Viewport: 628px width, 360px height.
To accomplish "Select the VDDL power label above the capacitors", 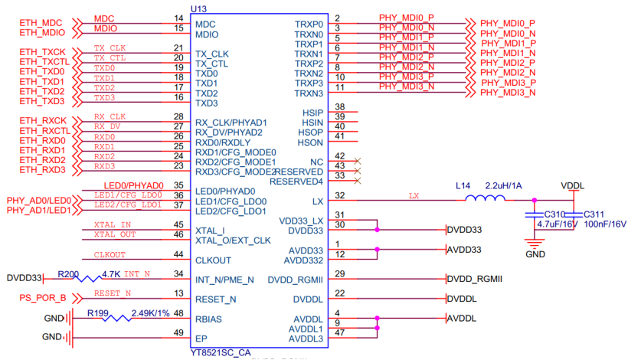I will pos(572,186).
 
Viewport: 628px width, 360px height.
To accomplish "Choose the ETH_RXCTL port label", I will pos(44,130).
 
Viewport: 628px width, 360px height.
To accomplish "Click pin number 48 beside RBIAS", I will pos(178,313).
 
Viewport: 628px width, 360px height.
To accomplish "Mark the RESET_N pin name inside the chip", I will pos(216,299).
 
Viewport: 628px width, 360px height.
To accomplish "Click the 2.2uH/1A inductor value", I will pos(503,186).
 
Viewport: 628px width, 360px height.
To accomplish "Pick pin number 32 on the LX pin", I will pos(339,195).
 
